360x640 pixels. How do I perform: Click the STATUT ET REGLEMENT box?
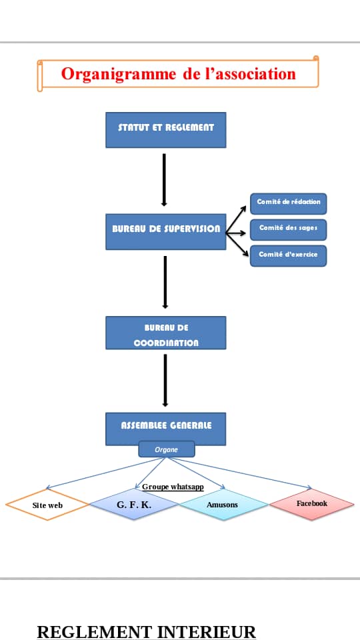point(166,130)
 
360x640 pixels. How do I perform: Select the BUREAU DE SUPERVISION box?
point(166,231)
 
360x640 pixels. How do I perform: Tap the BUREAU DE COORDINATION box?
point(166,333)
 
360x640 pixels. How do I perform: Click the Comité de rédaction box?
point(288,203)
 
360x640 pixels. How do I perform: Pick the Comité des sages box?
point(288,229)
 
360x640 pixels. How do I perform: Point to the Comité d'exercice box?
point(288,255)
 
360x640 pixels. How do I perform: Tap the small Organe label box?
point(167,449)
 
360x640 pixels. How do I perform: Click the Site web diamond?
point(47,505)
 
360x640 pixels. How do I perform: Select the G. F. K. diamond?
point(134,505)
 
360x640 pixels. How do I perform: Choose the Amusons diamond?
point(223,505)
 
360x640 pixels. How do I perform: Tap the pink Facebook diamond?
point(311,504)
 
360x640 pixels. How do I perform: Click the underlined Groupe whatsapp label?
point(173,487)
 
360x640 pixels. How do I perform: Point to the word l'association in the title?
point(250,73)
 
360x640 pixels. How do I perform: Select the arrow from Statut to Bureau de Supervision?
point(164,180)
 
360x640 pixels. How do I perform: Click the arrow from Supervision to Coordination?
point(165,282)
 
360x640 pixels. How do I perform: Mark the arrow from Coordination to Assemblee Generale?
point(165,381)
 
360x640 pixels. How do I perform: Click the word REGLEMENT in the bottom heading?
point(95,631)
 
